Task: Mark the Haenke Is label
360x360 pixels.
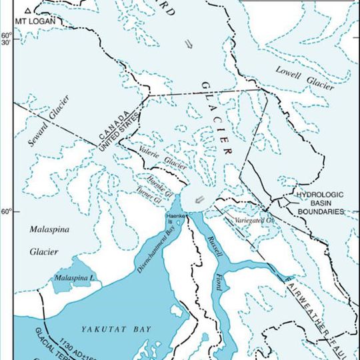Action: point(173,217)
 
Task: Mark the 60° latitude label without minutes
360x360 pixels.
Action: point(6,213)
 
